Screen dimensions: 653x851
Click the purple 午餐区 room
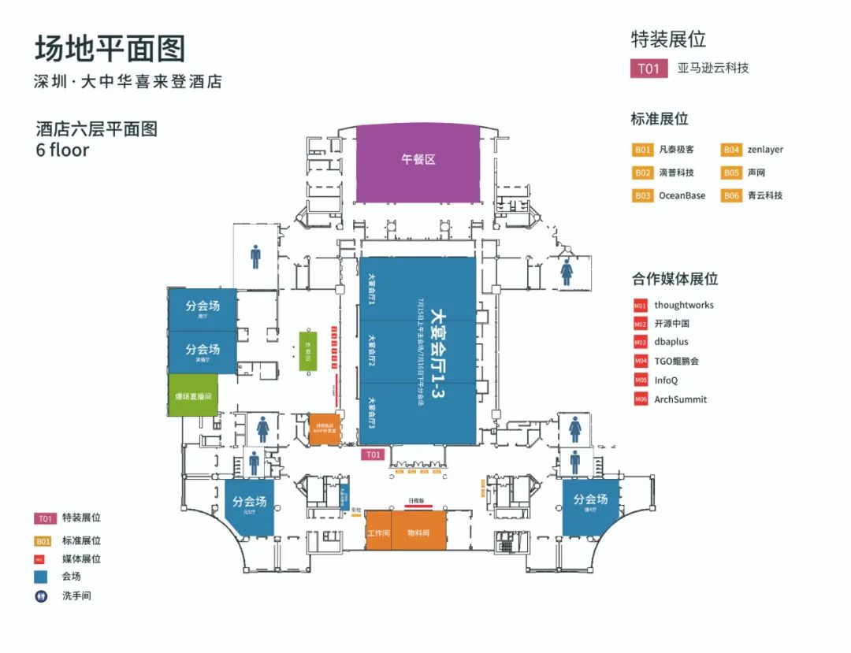click(417, 160)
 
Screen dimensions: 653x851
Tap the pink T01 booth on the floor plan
click(373, 455)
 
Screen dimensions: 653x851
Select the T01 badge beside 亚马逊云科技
click(648, 69)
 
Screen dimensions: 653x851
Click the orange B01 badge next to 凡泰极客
click(643, 150)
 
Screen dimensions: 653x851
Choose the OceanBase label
click(682, 195)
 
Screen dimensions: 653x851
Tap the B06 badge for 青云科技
click(732, 195)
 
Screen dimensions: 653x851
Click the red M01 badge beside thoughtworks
click(641, 306)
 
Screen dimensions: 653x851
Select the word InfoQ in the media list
click(666, 380)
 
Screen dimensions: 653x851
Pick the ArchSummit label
click(681, 399)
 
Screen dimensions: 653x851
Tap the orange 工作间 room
click(378, 533)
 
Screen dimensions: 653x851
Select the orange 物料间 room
click(418, 533)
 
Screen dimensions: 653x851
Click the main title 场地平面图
click(110, 49)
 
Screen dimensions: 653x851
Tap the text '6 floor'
click(62, 150)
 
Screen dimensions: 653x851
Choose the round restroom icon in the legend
click(42, 596)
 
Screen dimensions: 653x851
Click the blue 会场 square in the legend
click(42, 577)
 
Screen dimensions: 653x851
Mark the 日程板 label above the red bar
click(416, 501)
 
